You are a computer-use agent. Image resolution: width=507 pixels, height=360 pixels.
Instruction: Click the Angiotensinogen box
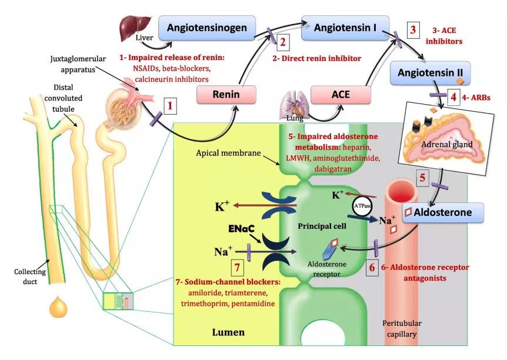pos(211,27)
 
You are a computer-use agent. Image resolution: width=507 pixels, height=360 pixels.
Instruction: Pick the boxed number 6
pos(371,267)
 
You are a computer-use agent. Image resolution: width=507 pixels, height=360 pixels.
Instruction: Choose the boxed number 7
pos(238,266)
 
